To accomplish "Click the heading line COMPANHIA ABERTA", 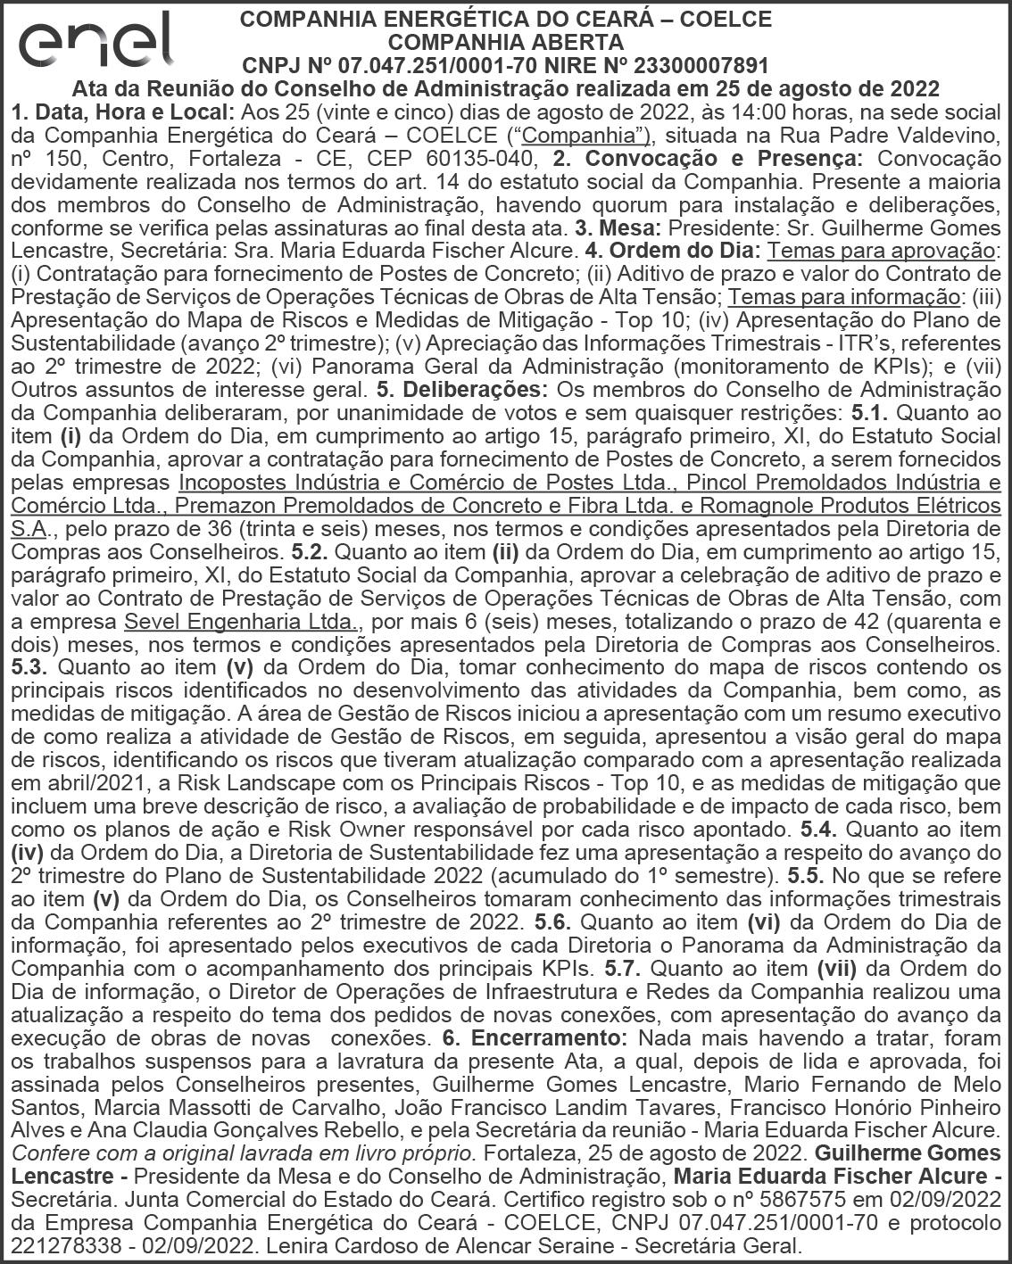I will [506, 42].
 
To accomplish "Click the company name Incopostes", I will [233, 483].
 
